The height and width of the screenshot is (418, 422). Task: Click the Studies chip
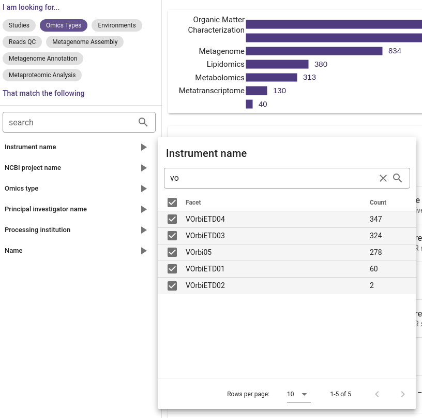pos(19,25)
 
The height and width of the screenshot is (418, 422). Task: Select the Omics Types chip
pos(64,25)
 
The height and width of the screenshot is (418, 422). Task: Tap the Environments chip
pos(117,25)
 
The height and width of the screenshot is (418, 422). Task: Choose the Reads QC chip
pos(22,42)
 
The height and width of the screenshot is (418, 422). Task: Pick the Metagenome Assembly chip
pos(85,42)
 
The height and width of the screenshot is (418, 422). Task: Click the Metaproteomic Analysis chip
pos(42,75)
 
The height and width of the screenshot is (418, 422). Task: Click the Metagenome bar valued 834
pos(314,51)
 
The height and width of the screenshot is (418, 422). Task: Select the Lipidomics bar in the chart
pos(277,64)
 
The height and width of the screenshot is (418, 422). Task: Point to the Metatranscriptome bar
pos(257,91)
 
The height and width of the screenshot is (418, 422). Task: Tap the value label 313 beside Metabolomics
pos(309,78)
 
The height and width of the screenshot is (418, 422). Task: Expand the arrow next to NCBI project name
pos(144,168)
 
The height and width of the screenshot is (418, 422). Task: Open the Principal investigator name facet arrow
pos(144,209)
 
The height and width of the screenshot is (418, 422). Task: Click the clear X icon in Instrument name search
pos(383,178)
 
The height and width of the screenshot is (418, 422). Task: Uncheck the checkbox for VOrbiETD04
pos(172,219)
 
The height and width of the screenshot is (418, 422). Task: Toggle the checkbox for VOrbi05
pos(172,252)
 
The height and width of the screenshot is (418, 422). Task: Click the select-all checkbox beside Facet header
pos(172,203)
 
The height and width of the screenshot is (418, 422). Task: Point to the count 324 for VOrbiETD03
pos(376,236)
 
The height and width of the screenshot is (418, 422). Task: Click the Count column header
pos(378,203)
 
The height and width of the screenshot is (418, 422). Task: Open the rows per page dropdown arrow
pos(304,394)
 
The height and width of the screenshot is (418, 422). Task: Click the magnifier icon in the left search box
pos(143,122)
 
